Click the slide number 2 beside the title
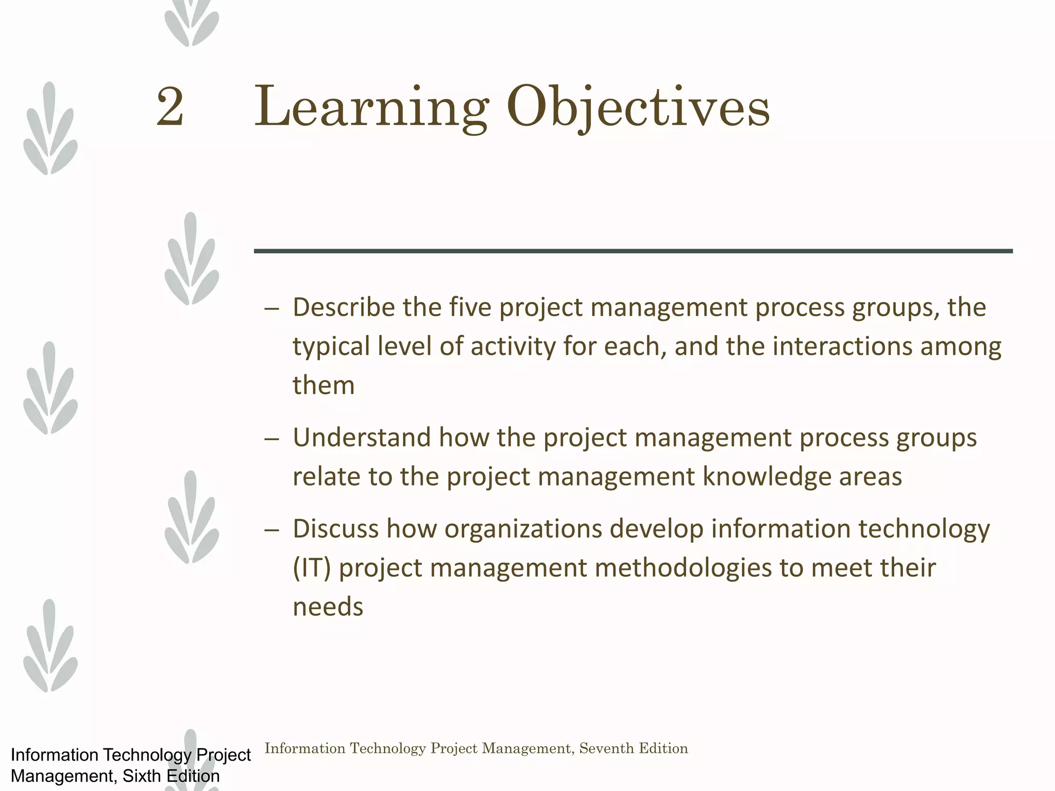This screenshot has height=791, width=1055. pos(170,107)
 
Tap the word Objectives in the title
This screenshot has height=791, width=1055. pos(638,108)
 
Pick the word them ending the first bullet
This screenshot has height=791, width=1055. pos(324,385)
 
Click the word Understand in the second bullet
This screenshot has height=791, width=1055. pos(361,438)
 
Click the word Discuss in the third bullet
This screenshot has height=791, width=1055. pos(335,529)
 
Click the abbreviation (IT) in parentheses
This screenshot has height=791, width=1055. pos(312,568)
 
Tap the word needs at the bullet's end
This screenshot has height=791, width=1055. pos(328,607)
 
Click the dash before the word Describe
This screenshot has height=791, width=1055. pos(271,309)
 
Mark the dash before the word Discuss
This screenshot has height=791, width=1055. pos(271,530)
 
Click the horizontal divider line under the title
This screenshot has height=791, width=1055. pos(633,251)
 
